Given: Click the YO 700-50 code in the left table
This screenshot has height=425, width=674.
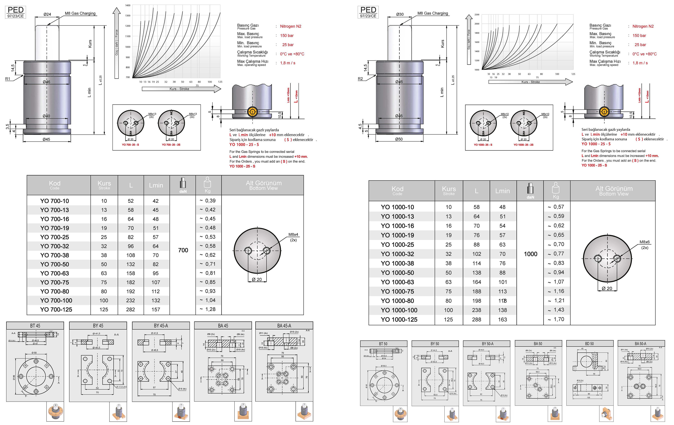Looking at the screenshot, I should (x=55, y=264).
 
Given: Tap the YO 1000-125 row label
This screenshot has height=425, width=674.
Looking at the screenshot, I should (x=399, y=319).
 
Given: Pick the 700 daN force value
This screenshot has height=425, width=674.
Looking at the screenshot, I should (x=183, y=250).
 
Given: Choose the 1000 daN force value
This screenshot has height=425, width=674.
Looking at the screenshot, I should (x=530, y=254).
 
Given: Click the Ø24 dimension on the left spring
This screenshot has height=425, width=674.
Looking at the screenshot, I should (x=47, y=14).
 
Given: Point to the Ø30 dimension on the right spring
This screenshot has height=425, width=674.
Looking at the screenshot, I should (x=400, y=14).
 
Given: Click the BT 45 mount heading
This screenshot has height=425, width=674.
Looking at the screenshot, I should (x=35, y=326).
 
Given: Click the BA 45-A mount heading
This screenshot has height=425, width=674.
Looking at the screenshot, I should (x=284, y=326).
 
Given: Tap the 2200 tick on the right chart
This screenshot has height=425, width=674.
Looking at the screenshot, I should (x=477, y=15).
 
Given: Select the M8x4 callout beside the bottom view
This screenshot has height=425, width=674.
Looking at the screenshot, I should (x=293, y=234).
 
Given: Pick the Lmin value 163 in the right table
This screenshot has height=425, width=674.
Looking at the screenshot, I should (x=502, y=319).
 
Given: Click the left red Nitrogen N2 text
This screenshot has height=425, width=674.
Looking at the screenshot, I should (x=291, y=26).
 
